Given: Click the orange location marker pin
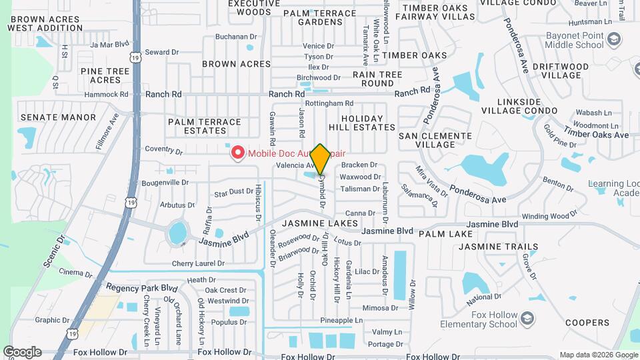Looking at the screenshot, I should point(320,158).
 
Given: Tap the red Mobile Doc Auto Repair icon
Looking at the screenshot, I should point(237,153).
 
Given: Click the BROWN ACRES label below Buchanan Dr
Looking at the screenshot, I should point(237,64).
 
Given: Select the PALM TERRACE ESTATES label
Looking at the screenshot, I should point(205,127).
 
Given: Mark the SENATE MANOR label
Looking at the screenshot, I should point(59,117).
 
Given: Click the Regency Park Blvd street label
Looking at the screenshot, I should point(143,289).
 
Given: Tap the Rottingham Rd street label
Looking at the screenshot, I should point(329,104).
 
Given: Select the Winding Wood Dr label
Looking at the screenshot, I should point(549,216).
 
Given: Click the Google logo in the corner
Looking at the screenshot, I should point(22,351).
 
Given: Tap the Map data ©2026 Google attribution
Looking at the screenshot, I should point(597,355).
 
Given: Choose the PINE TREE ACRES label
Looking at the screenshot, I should point(105,75).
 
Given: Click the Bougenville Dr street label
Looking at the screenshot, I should point(166,182).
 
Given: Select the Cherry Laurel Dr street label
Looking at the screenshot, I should point(198,263).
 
